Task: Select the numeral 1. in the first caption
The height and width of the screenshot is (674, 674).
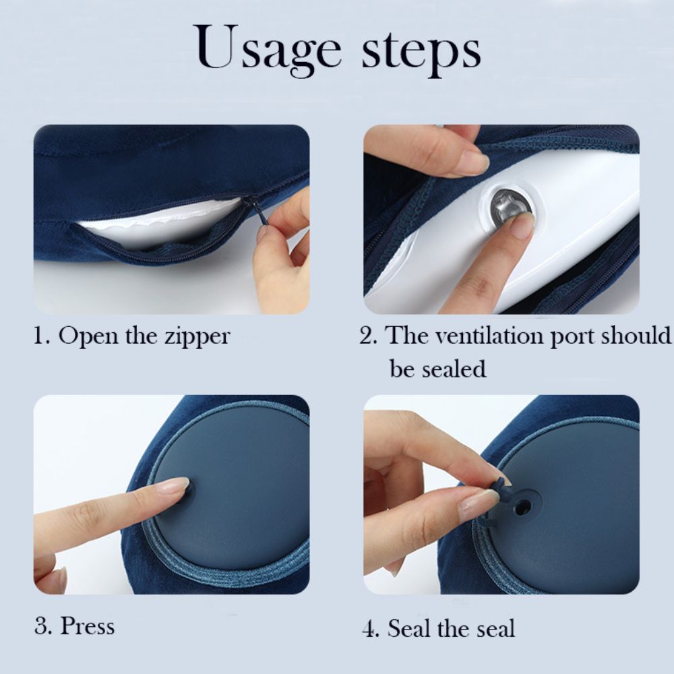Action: click(x=42, y=336)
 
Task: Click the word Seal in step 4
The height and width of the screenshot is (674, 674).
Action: click(x=410, y=629)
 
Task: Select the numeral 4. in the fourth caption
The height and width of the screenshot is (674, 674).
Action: click(x=371, y=629)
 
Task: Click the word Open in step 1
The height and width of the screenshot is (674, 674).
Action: click(x=84, y=336)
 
